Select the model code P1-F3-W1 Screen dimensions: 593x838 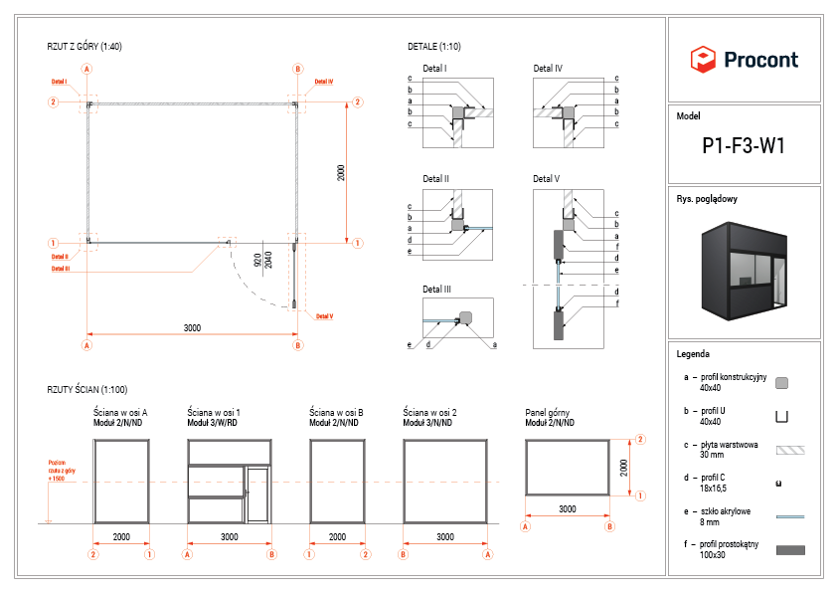744,146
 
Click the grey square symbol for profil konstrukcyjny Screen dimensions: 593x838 781,383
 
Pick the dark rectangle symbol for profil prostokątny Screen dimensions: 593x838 789,549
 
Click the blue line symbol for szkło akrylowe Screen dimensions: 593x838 789,516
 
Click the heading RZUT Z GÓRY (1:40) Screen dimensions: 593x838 84,47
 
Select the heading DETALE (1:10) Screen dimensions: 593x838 434,47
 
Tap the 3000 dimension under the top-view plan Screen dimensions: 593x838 192,328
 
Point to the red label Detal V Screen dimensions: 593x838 324,316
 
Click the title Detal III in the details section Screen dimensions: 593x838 436,290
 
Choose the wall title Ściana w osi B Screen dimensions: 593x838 336,411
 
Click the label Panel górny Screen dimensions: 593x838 547,411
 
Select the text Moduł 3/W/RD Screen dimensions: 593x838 212,422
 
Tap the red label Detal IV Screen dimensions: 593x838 324,82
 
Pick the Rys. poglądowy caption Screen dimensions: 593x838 707,199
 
